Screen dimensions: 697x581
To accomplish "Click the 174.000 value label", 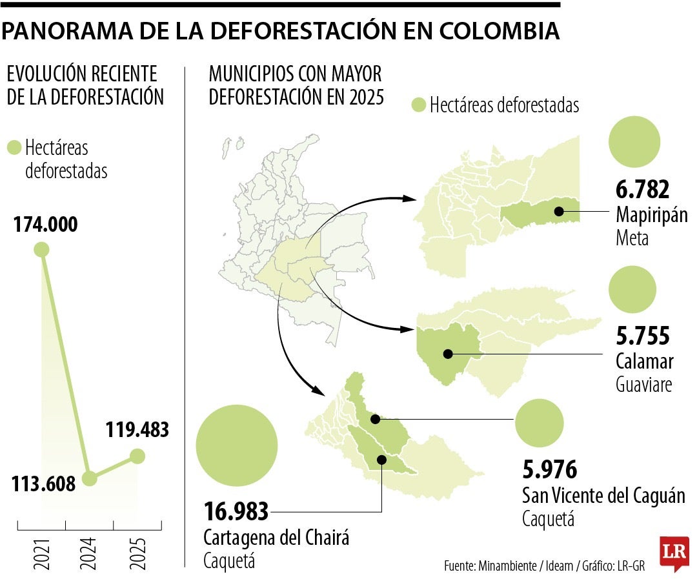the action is coord(45,225).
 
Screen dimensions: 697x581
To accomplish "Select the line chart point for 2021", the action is coord(41,249).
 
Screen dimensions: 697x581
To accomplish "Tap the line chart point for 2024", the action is coord(89,478).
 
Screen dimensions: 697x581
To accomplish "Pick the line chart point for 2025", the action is coord(137,456).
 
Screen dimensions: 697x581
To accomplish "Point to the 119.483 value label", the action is coord(137,430).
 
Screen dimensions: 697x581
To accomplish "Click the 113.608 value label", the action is coord(44,484).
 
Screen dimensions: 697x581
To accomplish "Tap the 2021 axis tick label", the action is coord(42,555).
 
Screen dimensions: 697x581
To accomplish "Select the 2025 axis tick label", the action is coord(137,555).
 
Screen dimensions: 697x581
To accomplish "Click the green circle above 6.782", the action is coord(634,142).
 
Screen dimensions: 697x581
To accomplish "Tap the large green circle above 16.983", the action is coord(237,445).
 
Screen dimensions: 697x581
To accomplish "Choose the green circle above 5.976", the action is coord(539,423).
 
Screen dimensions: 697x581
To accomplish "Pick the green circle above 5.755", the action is coord(632,289).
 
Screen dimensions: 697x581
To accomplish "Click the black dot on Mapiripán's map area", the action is coord(559,212).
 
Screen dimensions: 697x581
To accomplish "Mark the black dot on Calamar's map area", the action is coord(448,354).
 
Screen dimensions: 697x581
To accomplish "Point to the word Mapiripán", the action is coord(652,215).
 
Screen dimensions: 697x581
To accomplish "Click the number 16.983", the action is coord(236,512).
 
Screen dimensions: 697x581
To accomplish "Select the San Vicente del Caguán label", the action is coord(603,496).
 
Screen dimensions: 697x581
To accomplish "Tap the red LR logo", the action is coord(674,553).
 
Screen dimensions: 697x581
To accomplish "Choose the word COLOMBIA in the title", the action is coord(500,31).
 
